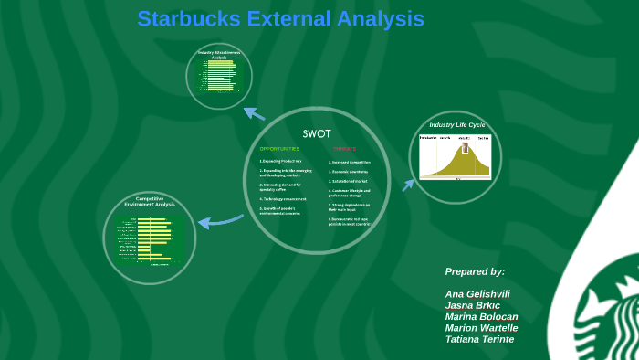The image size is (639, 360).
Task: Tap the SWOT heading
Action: [316, 132]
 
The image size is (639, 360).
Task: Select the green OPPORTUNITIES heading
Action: [278, 148]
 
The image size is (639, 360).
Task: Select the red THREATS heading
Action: [344, 148]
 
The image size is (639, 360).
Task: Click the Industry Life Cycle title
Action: [457, 124]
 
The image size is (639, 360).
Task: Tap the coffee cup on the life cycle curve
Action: [463, 147]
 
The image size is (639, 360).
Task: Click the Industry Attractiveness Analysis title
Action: [218, 55]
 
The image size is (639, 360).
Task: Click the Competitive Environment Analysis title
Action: [149, 201]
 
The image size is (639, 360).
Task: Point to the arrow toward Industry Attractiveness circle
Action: [254, 114]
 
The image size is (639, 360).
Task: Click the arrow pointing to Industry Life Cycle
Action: [407, 185]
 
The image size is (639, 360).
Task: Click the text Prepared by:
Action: [475, 271]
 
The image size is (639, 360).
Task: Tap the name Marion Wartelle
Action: [481, 328]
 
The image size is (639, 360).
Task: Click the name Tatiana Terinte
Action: [479, 339]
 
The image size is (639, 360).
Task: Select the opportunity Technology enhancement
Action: [282, 198]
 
